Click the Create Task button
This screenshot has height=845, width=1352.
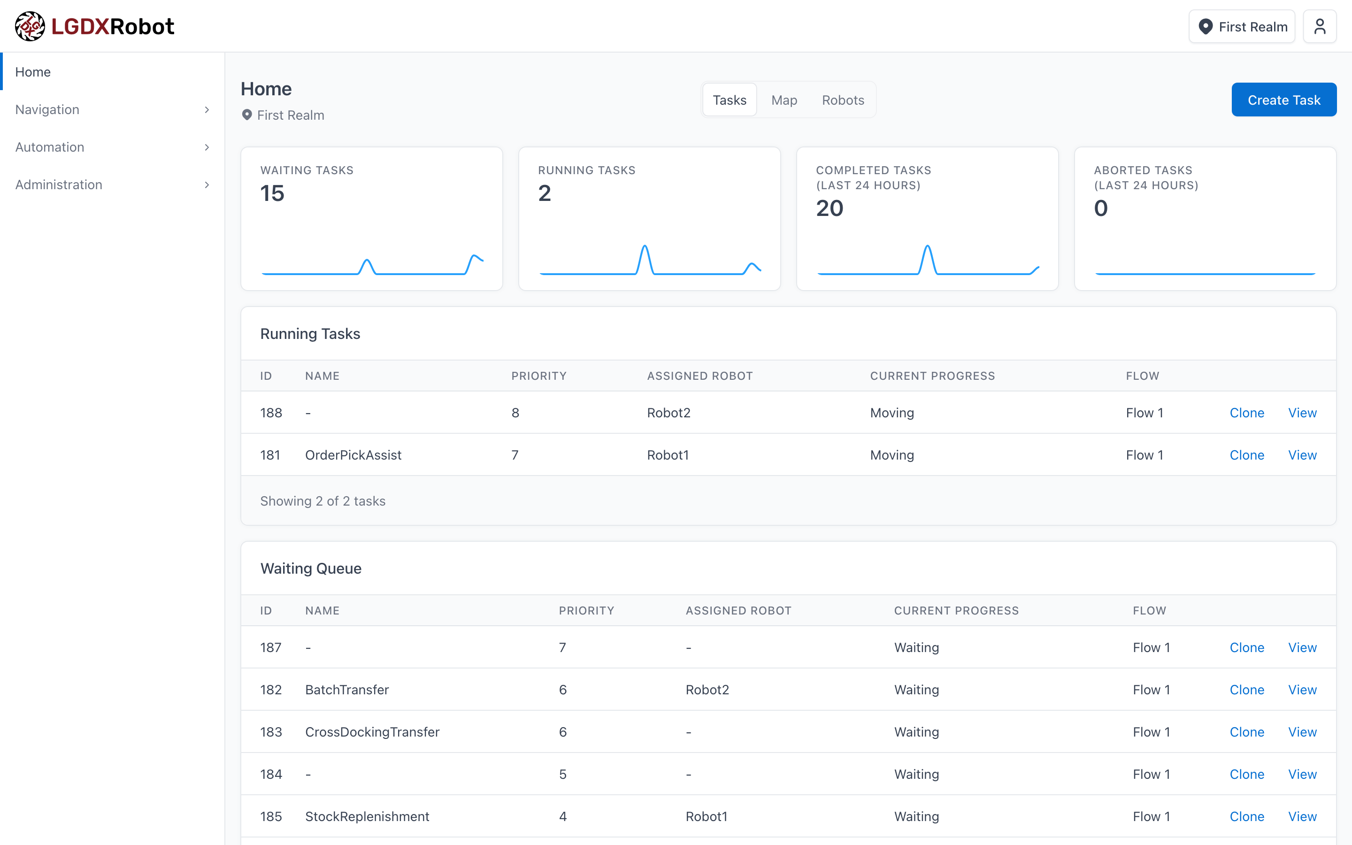[x=1283, y=100]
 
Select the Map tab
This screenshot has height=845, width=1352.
[x=784, y=100]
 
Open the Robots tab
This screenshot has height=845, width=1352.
[x=843, y=100]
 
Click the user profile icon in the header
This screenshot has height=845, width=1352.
[x=1319, y=27]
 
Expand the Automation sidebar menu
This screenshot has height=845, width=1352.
[x=112, y=147]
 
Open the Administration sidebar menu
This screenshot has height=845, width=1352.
[x=112, y=184]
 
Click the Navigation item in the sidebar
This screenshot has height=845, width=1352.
[x=112, y=109]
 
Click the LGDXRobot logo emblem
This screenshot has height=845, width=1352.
[x=30, y=26]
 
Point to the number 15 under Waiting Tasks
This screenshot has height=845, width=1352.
[x=272, y=193]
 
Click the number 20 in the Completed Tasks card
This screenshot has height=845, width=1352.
[x=829, y=208]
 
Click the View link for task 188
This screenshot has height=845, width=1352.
[x=1302, y=413]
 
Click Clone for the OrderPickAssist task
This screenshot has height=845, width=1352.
[x=1246, y=455]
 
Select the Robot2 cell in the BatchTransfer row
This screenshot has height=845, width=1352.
[x=707, y=690]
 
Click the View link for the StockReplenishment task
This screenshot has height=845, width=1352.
[x=1302, y=816]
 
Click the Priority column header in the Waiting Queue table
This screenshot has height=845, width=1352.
[x=586, y=610]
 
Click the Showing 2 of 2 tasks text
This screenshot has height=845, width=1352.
[x=323, y=501]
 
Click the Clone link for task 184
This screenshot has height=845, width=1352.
[x=1246, y=774]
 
